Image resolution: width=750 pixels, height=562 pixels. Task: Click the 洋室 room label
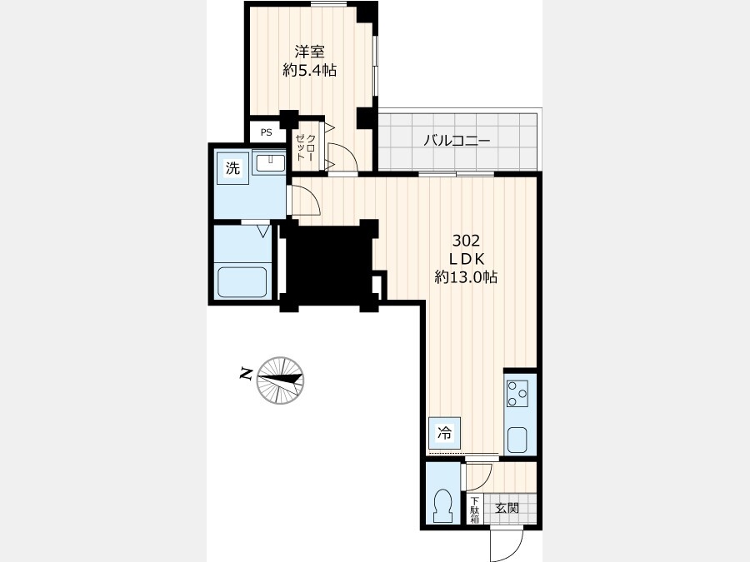309,52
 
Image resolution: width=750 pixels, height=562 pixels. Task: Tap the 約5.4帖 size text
309,71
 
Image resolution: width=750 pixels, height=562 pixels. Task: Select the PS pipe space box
267,132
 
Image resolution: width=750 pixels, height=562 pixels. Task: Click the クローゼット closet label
306,147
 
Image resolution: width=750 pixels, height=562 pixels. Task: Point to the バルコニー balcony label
457,141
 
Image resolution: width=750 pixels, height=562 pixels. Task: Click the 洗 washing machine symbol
232,167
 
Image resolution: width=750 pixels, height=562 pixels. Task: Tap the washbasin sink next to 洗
270,163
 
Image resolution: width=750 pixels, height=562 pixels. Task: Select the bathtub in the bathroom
242,282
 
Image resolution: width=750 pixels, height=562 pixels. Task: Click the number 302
466,241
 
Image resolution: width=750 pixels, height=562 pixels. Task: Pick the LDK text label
467,259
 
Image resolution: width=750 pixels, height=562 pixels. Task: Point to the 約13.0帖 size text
466,276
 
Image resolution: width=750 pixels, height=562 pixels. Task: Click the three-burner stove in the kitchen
517,393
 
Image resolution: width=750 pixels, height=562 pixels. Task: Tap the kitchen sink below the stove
517,439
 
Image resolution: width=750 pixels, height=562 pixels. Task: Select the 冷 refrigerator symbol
445,434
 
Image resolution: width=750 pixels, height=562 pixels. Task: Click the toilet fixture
442,506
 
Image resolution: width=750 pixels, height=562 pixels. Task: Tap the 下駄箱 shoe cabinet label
474,510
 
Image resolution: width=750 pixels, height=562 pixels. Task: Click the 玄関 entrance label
507,508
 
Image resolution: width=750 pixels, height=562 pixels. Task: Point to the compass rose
280,380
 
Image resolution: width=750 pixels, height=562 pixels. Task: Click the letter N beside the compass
247,374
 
